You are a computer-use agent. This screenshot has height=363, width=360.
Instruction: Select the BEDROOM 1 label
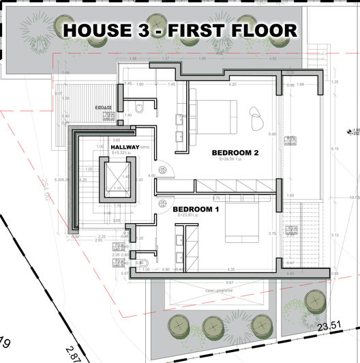pos(195,209)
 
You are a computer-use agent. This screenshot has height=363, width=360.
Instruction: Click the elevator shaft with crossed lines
pos(117,177)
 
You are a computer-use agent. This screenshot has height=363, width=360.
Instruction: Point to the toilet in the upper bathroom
pos(138,108)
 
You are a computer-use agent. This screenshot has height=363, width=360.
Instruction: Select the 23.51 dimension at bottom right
pos(334,326)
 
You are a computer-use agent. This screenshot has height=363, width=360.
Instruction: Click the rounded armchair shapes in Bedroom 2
pos(258,120)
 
